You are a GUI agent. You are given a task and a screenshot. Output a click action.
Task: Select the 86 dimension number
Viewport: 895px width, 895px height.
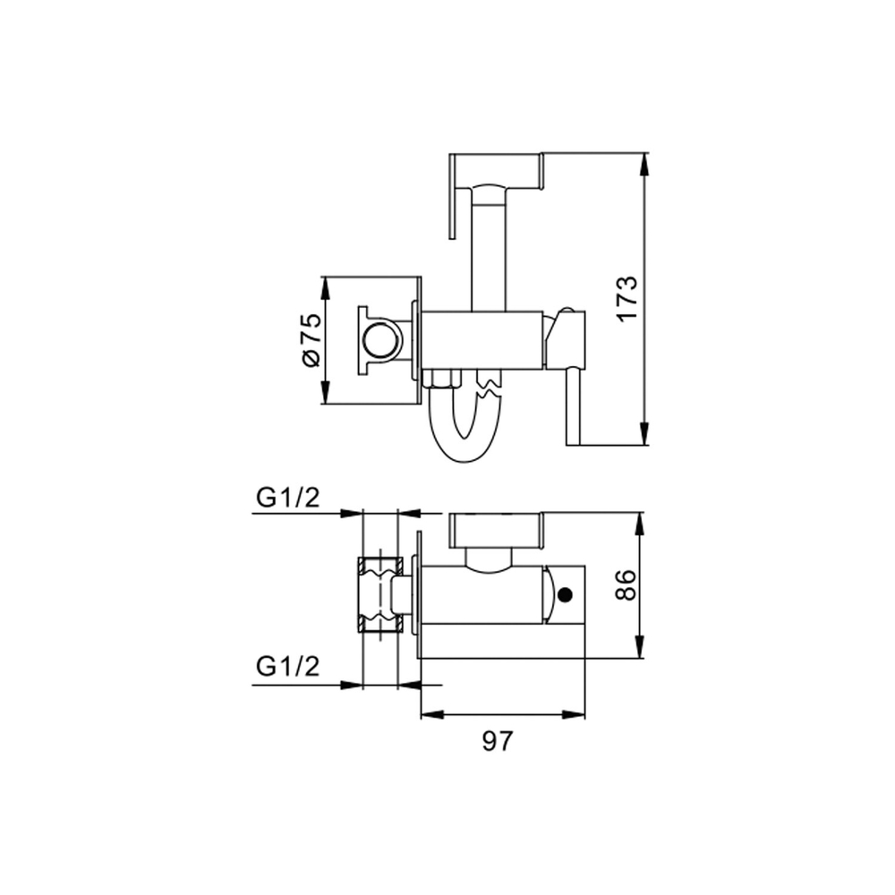[626, 586]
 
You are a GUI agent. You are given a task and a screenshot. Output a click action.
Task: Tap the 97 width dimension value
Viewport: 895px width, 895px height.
[501, 741]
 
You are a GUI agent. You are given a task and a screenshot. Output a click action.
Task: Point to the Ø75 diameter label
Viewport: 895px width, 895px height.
[310, 339]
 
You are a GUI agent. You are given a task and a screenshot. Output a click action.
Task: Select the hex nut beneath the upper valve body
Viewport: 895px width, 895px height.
[441, 379]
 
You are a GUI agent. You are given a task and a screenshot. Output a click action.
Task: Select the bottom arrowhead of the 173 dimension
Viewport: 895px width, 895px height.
[644, 439]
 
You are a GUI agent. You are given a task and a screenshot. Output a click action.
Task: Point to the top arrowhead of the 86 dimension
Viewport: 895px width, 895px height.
[640, 519]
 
